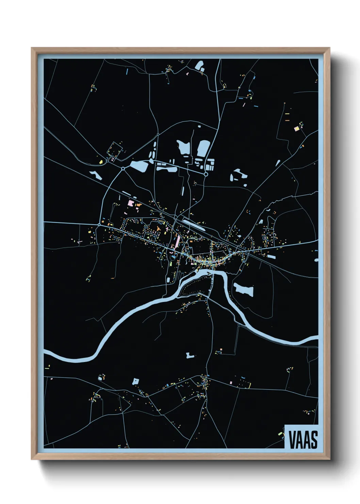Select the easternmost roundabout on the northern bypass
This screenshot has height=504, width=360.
coord(206,174)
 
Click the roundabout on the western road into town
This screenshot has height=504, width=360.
coord(99,224)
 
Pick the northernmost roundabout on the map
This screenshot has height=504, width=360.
coord(158,135)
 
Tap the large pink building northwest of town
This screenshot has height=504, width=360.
coord(130,203)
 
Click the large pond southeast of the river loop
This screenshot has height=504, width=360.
coord(244,289)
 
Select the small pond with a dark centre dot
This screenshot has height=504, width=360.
coord(136,381)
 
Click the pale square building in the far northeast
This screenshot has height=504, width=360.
coord(296,129)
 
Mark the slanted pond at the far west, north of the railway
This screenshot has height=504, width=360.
coord(96,175)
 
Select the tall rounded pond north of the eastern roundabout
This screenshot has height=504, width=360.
coord(203,147)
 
